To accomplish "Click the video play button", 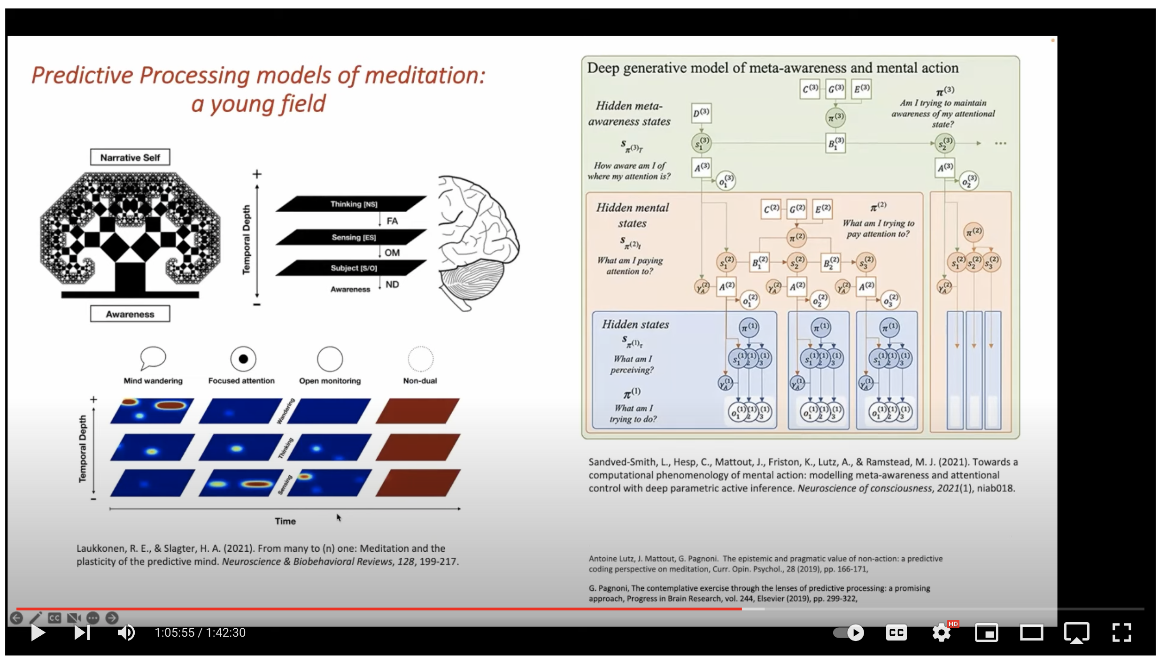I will point(38,632).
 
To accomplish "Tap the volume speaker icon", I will point(125,632).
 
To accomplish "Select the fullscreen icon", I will point(1121,632).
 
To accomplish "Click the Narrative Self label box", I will point(130,157).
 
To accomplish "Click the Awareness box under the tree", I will point(130,314).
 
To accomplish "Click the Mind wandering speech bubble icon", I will point(153,358).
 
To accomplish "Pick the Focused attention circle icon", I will point(243,359).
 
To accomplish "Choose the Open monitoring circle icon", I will point(330,359).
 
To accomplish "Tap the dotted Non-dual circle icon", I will point(420,359).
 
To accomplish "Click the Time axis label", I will point(285,521).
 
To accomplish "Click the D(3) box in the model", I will point(701,113).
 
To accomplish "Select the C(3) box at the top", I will point(810,89).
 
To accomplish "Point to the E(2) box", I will point(822,209).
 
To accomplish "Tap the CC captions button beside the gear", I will point(896,632).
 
